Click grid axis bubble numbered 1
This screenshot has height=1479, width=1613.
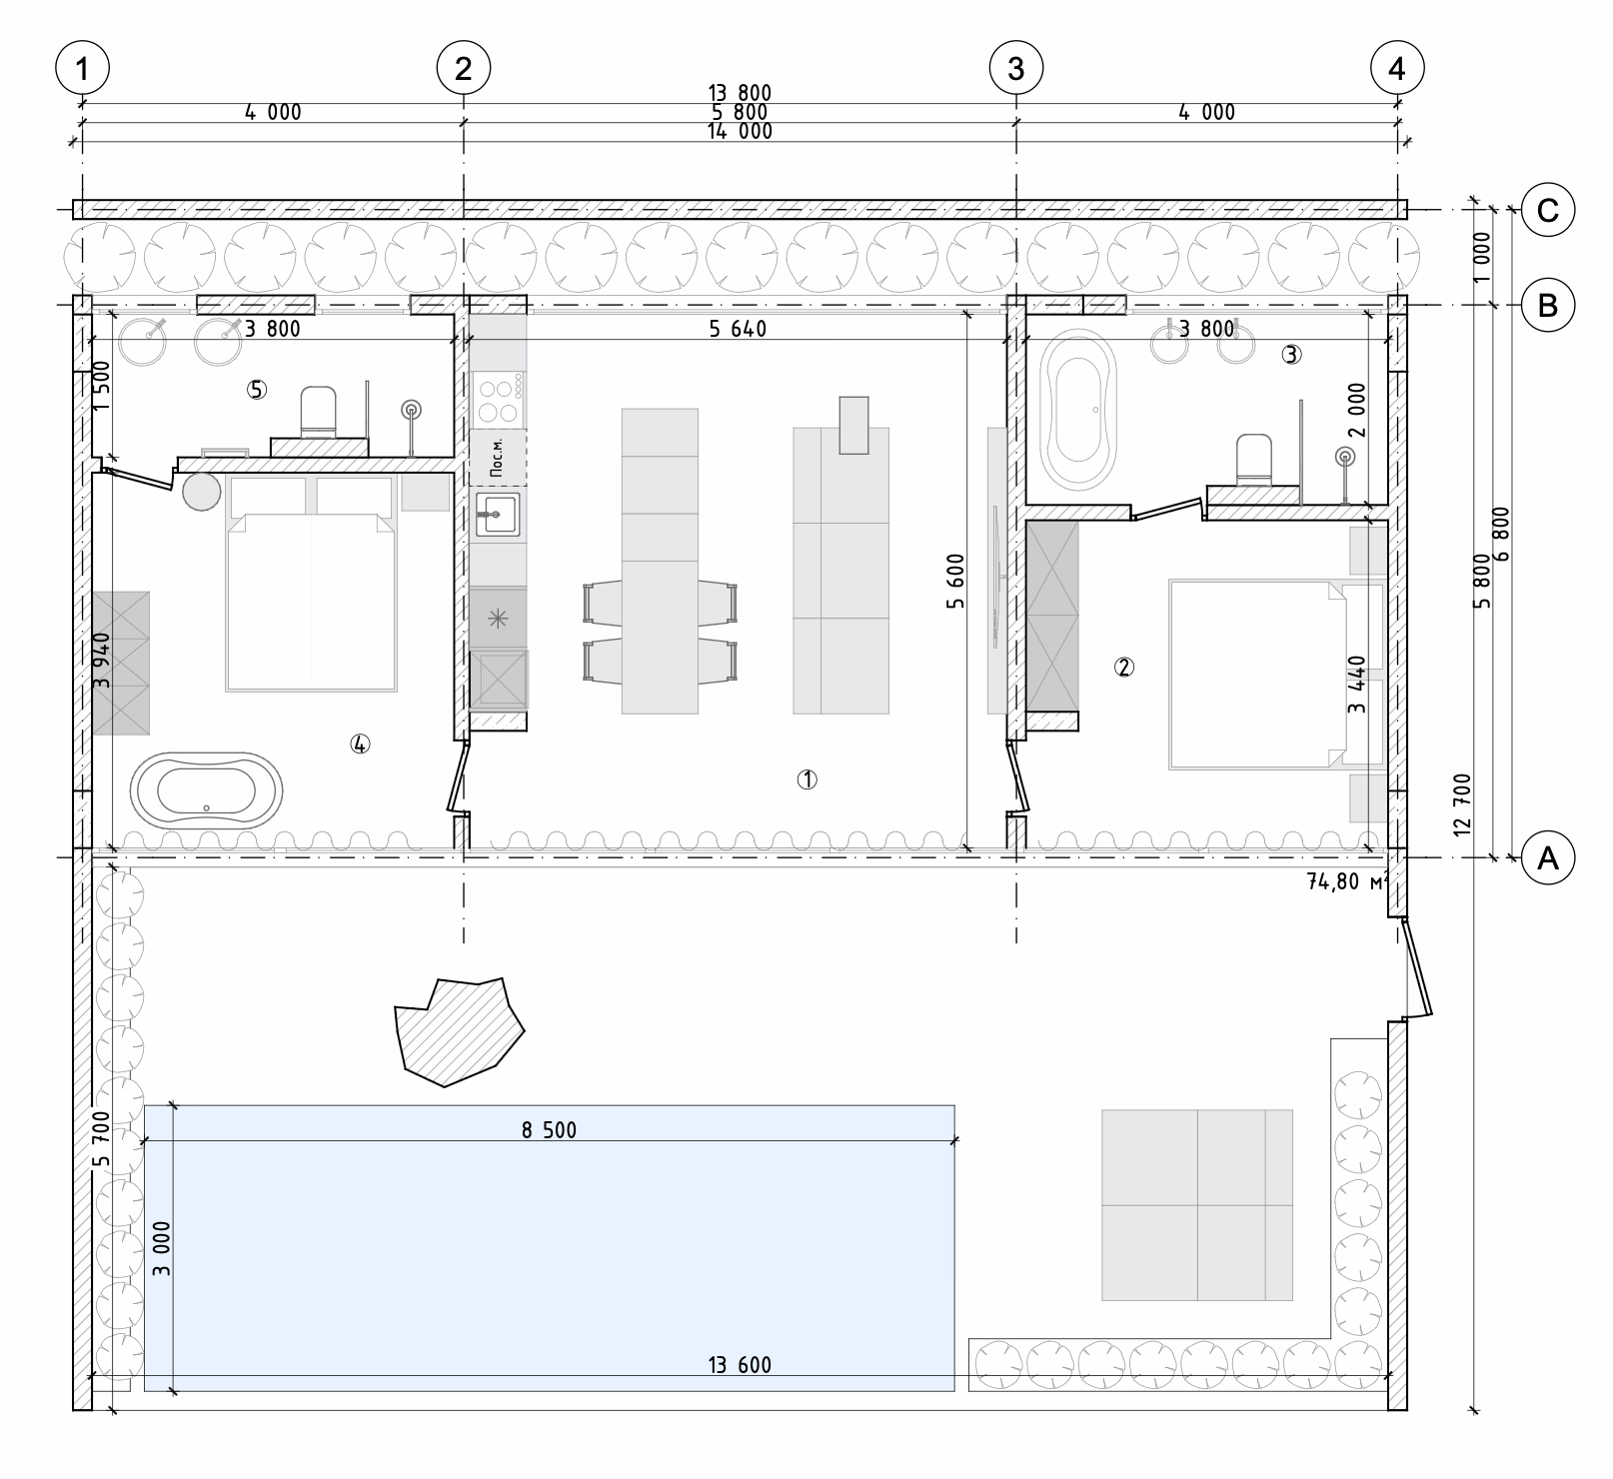[x=82, y=69]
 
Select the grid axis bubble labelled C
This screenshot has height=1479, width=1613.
[x=1547, y=210]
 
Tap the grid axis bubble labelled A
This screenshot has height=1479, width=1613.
[x=1547, y=856]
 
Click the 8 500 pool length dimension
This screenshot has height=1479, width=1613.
[x=549, y=1130]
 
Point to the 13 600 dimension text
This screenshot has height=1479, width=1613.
[x=740, y=1365]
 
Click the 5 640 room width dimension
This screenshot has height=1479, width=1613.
[x=738, y=328]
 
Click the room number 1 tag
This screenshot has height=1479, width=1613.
[x=806, y=779]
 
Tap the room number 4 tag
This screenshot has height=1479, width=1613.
[x=360, y=742]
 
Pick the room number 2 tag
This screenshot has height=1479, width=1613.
[x=1124, y=667]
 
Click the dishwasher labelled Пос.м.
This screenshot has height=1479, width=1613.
[x=498, y=458]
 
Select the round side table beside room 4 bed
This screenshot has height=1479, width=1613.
[x=202, y=491]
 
